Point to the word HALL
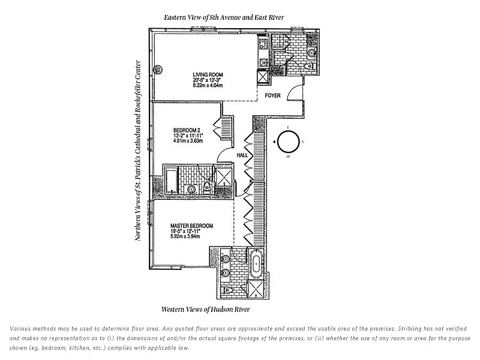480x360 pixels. coord(242,155)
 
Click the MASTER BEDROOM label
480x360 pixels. coord(191,226)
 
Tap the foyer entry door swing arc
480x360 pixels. coord(294,93)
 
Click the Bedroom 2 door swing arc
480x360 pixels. coord(223,153)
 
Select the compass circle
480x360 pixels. coord(288,142)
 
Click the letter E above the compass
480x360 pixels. coord(288,128)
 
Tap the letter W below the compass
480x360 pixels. coord(288,157)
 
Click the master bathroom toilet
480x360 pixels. coord(227,290)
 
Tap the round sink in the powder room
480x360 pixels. coord(311,53)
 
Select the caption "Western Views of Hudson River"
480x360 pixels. coord(206,310)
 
